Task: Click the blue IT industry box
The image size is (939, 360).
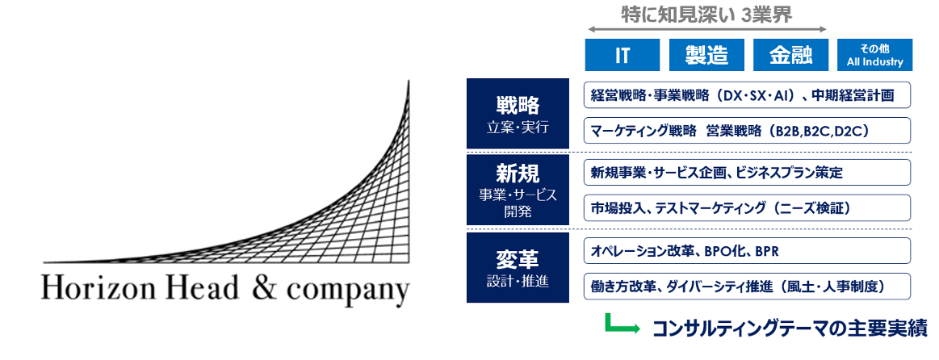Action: tap(623, 55)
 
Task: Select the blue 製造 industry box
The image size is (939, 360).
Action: tap(706, 55)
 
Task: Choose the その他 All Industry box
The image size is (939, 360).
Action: tap(874, 55)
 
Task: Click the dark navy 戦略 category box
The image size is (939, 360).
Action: tap(518, 113)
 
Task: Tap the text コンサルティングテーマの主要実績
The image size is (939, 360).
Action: tap(789, 328)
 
